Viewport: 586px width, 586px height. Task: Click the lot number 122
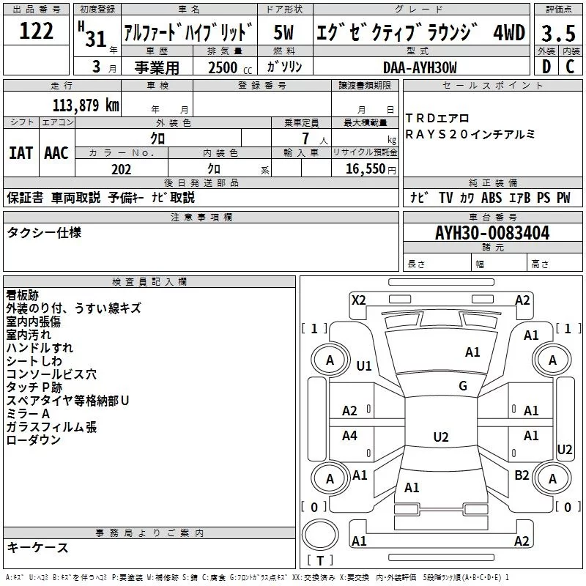(37, 31)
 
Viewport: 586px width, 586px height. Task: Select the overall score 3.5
(557, 33)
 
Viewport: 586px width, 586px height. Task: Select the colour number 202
(122, 169)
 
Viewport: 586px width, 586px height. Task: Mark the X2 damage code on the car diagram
(358, 300)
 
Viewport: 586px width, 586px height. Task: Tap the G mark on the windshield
(463, 386)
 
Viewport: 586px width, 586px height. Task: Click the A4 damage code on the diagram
(350, 437)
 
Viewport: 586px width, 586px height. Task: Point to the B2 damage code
(522, 475)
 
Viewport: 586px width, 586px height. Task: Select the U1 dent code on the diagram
(364, 366)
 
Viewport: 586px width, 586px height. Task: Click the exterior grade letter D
(546, 67)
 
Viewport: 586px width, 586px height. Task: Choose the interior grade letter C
(570, 67)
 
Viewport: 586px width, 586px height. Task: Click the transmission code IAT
(21, 152)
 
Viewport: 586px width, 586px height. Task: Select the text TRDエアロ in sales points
(437, 119)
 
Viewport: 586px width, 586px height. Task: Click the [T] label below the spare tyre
(319, 561)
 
